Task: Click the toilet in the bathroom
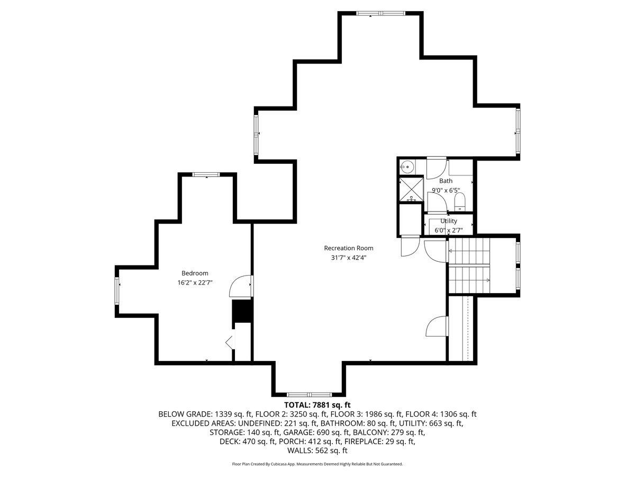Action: (459, 201)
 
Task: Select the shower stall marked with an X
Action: (411, 189)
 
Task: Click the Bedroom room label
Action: (195, 273)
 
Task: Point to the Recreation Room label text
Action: (348, 248)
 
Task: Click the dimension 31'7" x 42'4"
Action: (348, 258)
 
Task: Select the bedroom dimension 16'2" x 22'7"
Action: (195, 282)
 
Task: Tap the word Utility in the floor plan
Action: (448, 221)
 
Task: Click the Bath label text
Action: (446, 181)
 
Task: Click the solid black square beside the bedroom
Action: (242, 311)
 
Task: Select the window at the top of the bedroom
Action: (206, 174)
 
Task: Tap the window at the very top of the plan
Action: (380, 13)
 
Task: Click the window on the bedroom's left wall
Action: (117, 290)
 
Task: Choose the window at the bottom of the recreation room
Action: (309, 394)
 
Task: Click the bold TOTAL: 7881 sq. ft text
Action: (317, 404)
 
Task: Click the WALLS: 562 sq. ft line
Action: (317, 450)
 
